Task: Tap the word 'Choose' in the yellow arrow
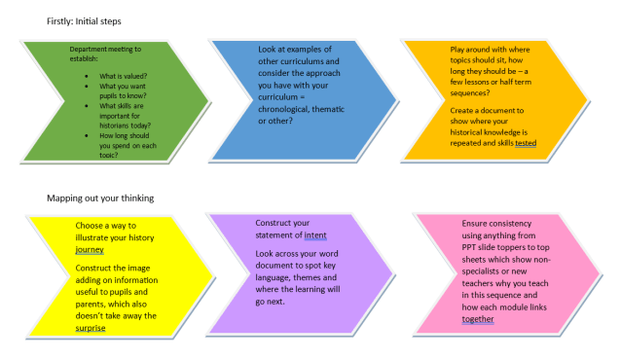(x=91, y=224)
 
